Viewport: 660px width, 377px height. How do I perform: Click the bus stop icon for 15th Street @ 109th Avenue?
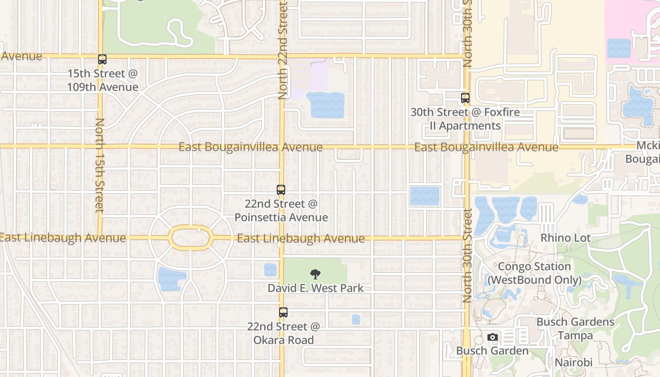[102, 59]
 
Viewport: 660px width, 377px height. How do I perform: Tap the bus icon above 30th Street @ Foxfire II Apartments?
[465, 98]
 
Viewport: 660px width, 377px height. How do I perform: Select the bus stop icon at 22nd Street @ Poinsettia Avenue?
[281, 190]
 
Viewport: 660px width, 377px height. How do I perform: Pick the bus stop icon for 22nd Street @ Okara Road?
[283, 312]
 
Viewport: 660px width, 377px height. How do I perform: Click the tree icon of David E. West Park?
[315, 274]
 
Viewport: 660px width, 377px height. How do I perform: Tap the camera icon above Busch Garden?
[493, 337]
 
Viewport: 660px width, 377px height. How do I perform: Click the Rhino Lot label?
[565, 238]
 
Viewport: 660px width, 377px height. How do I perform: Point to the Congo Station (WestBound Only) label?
[534, 273]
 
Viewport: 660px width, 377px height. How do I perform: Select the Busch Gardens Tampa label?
[575, 329]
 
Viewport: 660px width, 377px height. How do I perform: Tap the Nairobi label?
[573, 363]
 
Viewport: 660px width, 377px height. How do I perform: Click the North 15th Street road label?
[99, 165]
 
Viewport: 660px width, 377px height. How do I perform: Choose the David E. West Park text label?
[315, 288]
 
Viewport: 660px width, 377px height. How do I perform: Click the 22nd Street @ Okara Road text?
[283, 333]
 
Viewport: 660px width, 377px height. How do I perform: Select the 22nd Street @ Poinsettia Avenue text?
[281, 211]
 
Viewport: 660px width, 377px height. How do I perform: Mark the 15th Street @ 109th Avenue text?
[102, 80]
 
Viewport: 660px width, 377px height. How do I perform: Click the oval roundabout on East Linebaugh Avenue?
[190, 238]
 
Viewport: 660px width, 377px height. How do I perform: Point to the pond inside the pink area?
[619, 48]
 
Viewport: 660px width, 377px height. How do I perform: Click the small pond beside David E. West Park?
[270, 270]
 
